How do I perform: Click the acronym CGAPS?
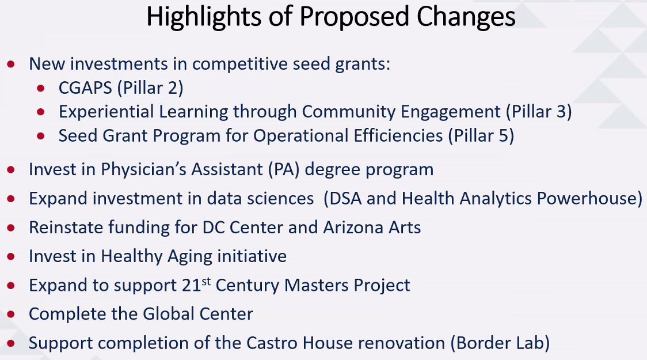point(85,88)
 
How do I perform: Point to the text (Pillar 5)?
point(481,136)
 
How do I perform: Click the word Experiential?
point(106,112)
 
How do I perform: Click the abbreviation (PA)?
point(284,170)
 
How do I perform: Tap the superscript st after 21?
point(206,282)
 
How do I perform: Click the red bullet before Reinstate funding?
point(11,228)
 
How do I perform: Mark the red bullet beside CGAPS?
point(40,88)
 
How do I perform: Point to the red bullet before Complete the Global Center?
point(11,314)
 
